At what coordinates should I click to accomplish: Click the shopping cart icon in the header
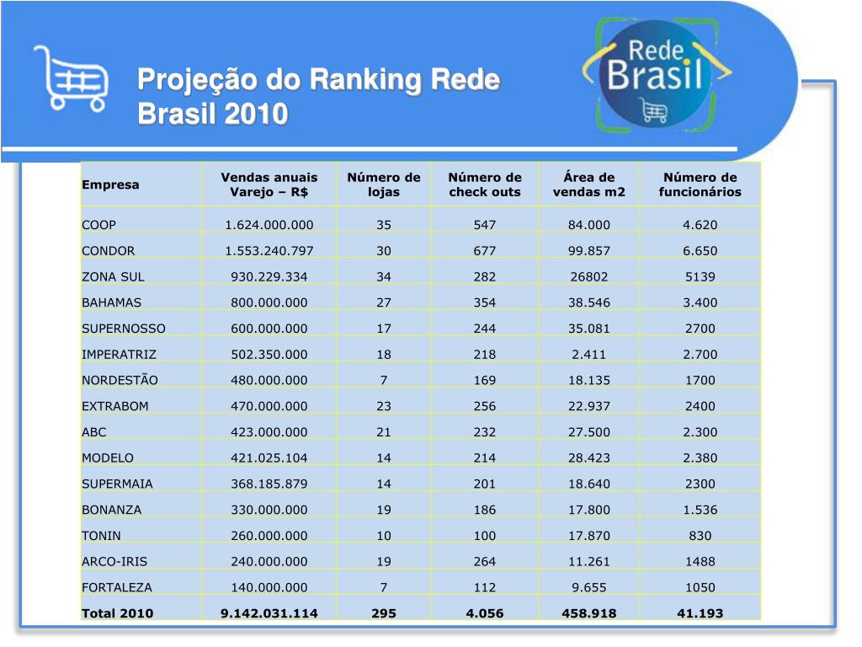pyautogui.click(x=71, y=77)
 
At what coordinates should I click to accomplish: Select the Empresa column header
pyautogui.click(x=110, y=184)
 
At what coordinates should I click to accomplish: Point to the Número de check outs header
pyautogui.click(x=484, y=184)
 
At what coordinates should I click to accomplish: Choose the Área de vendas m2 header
pyautogui.click(x=588, y=184)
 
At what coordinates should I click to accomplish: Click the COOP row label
pyautogui.click(x=99, y=225)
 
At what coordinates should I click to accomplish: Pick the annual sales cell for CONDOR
pyautogui.click(x=269, y=251)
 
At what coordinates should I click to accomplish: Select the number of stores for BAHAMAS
pyautogui.click(x=383, y=302)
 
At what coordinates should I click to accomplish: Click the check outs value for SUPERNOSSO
pyautogui.click(x=484, y=329)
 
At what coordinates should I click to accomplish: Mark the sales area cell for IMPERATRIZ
pyautogui.click(x=588, y=355)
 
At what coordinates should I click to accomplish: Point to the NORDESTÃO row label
pyautogui.click(x=120, y=380)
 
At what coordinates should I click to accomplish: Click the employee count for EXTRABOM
pyautogui.click(x=700, y=406)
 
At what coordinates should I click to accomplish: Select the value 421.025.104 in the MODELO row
pyautogui.click(x=269, y=458)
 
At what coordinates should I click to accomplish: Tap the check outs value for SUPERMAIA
pyautogui.click(x=484, y=484)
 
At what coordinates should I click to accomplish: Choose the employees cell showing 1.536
pyautogui.click(x=700, y=510)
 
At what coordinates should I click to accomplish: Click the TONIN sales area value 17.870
pyautogui.click(x=588, y=536)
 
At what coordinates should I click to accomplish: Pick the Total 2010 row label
pyautogui.click(x=117, y=613)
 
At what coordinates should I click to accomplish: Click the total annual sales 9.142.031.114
pyautogui.click(x=269, y=613)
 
